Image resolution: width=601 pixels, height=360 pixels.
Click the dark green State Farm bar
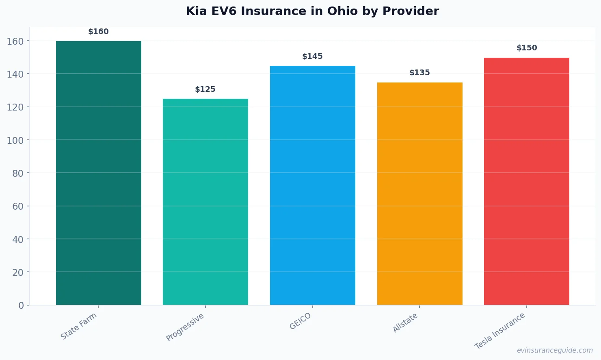point(99,173)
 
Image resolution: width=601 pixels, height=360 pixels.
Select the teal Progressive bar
point(205,202)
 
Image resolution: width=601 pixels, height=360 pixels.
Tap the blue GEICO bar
point(313,185)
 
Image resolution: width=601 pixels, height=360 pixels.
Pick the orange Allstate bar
point(419,193)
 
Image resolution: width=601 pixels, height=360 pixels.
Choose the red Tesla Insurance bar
point(527,181)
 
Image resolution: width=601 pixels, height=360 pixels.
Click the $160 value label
point(99,32)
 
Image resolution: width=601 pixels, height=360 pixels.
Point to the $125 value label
point(205,89)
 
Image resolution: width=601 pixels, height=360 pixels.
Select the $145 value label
point(313,56)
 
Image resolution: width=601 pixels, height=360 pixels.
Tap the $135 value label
point(419,73)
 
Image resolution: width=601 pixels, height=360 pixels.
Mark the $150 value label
point(527,48)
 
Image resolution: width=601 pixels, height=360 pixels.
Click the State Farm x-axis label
point(79,326)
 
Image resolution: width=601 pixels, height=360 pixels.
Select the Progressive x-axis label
point(185,327)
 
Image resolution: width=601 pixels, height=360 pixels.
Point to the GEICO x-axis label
point(300,321)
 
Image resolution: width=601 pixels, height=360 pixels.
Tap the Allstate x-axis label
point(405,323)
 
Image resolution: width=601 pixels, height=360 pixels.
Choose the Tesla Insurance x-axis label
point(500,331)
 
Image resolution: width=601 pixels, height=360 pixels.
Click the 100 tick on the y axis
point(15,140)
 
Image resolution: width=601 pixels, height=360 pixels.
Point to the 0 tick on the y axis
point(21,306)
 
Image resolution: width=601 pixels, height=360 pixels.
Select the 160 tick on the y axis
point(15,41)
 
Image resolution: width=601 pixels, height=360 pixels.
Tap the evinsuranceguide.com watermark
point(555,350)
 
